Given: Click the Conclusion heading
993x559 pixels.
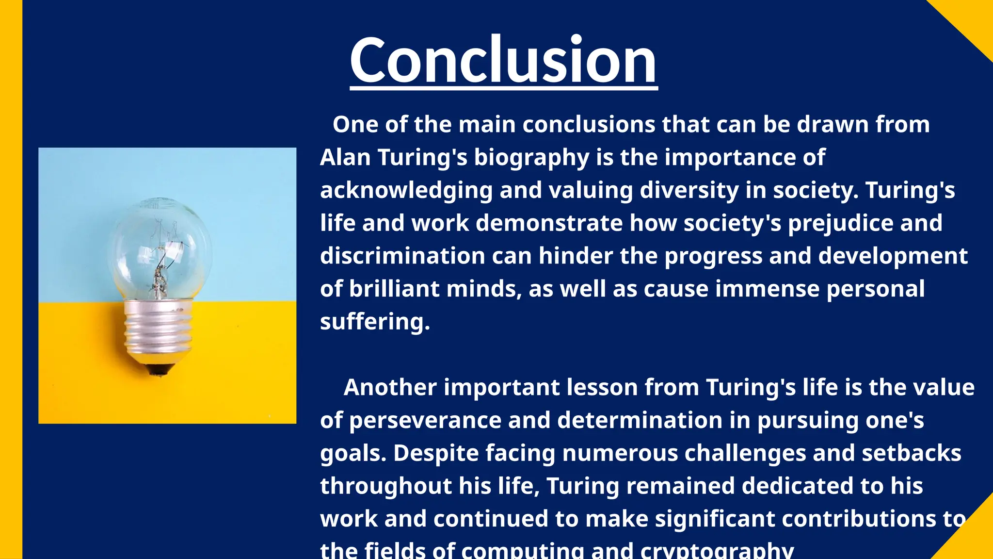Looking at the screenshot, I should click(x=503, y=61).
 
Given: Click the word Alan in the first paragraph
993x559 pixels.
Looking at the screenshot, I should click(x=345, y=158).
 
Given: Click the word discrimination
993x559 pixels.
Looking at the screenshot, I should click(x=402, y=256).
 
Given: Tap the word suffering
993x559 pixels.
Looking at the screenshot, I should click(x=375, y=322).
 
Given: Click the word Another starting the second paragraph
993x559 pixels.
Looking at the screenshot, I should click(x=390, y=388).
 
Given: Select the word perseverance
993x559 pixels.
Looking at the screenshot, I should click(x=425, y=421).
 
